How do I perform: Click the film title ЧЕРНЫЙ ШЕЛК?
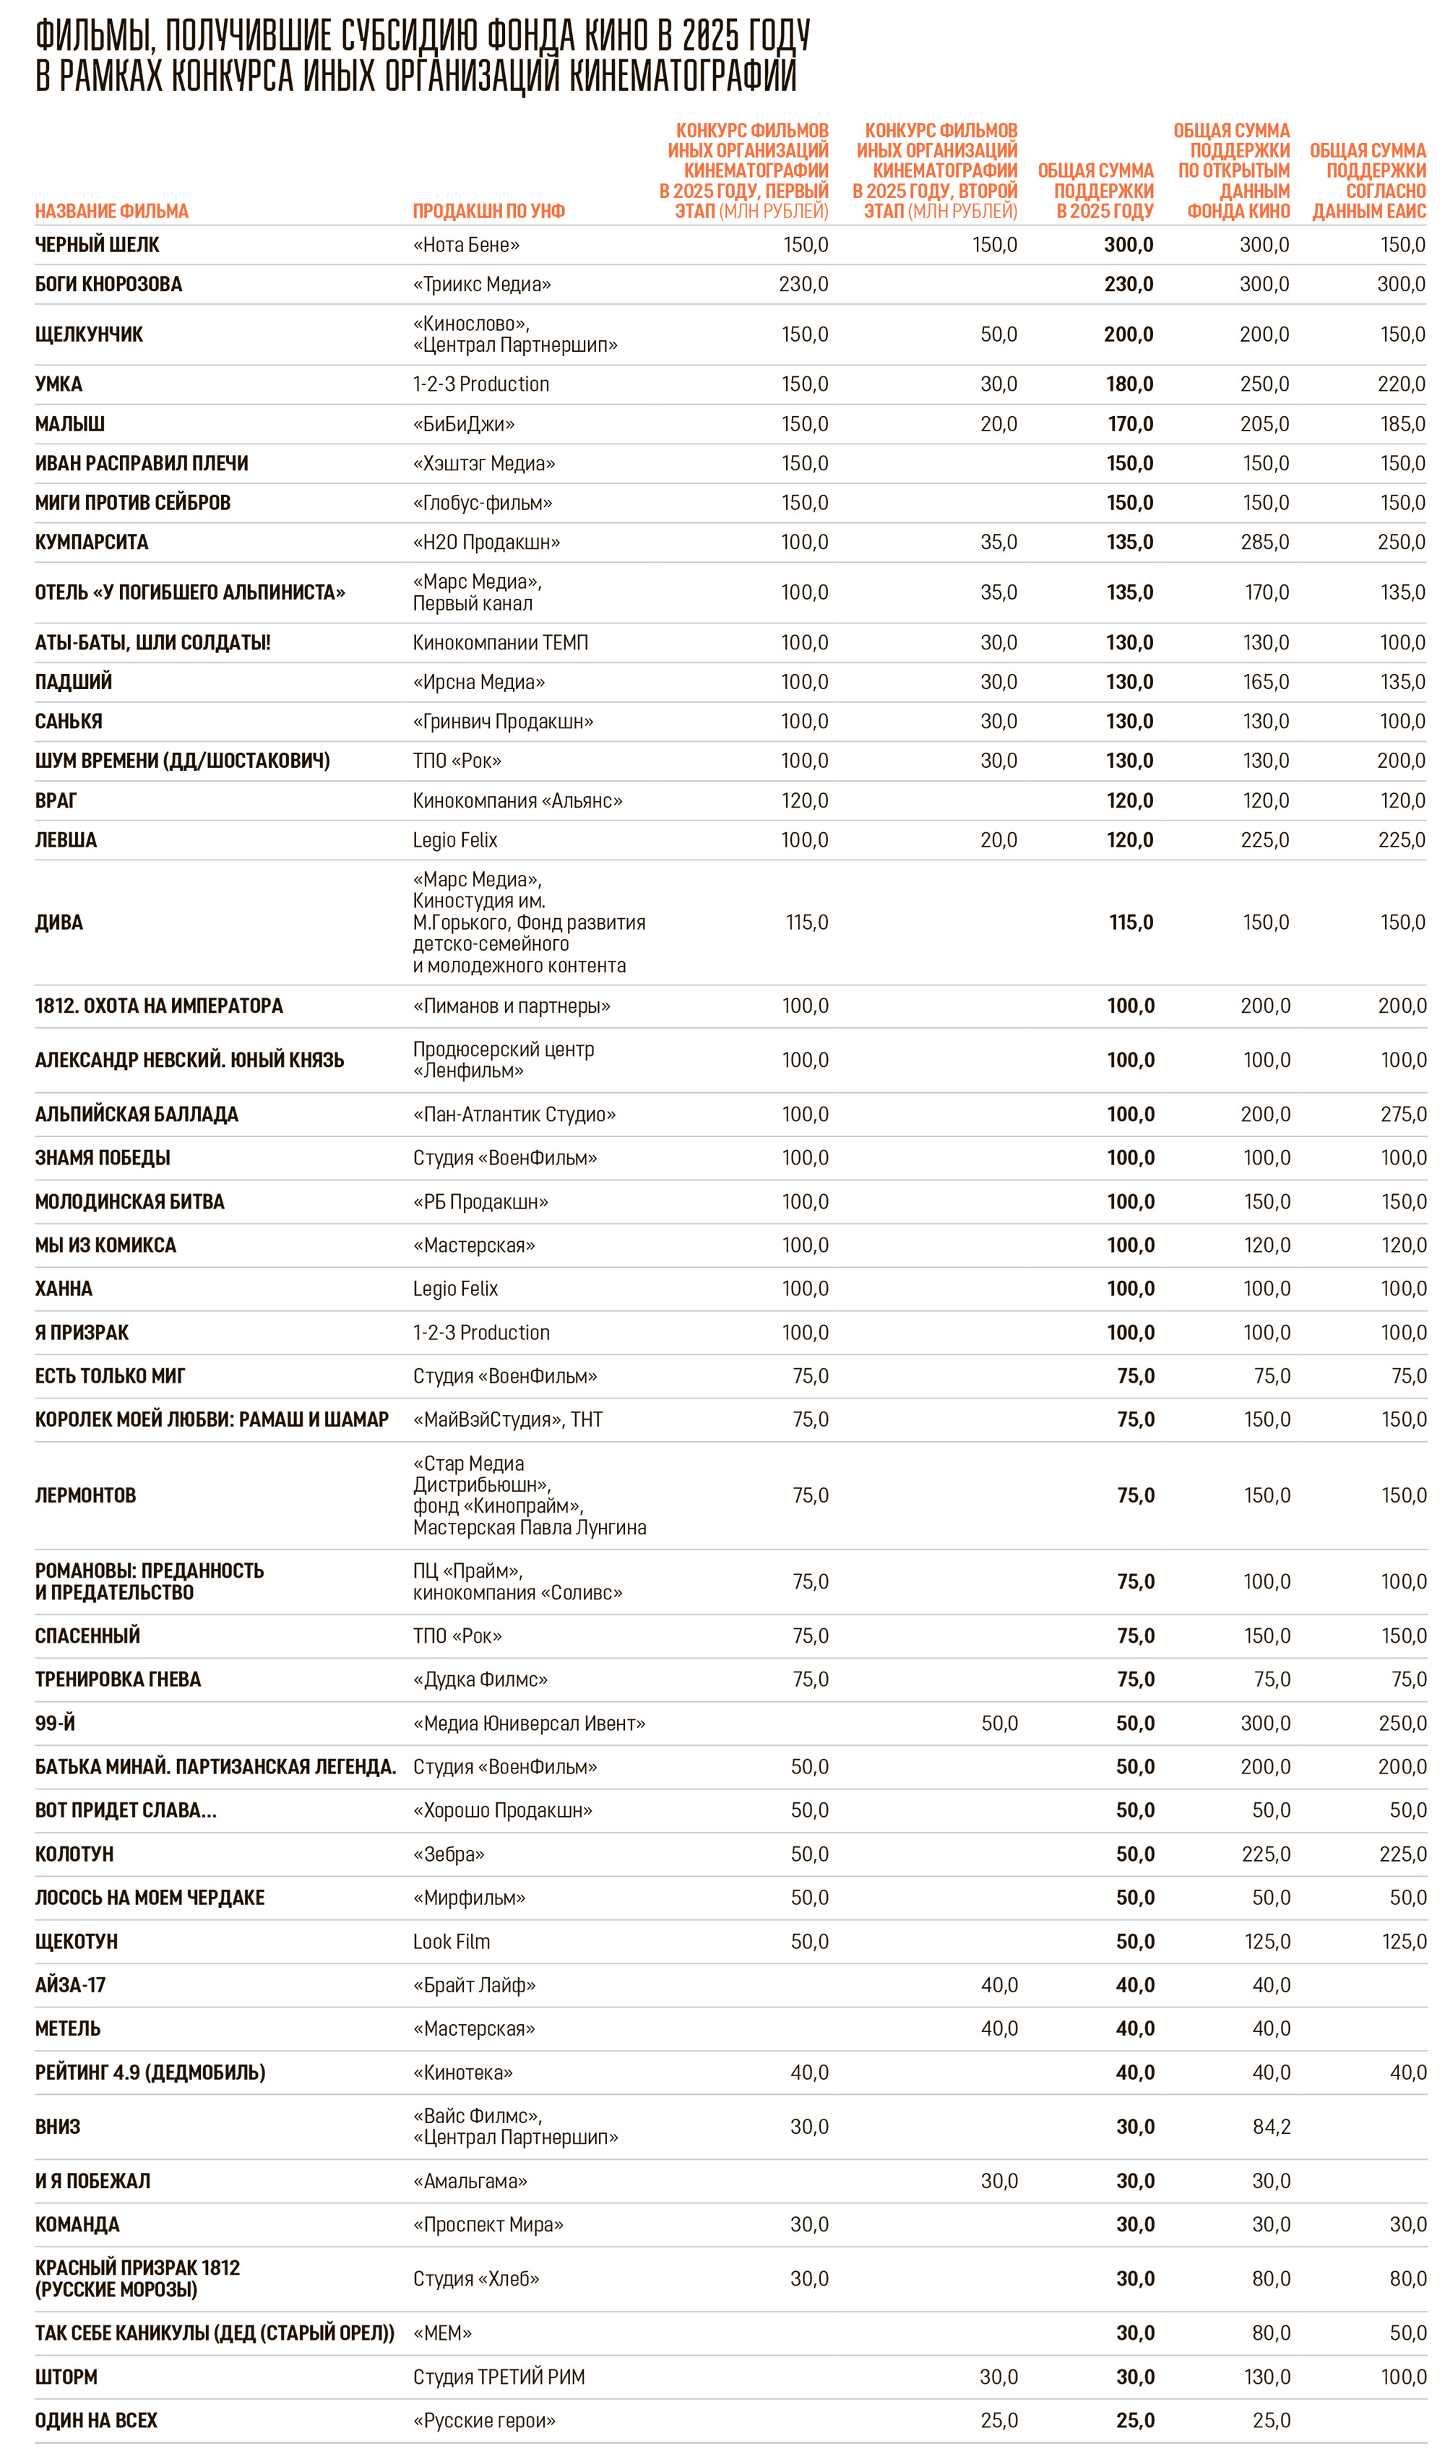click(x=97, y=245)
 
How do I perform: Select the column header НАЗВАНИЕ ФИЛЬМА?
click(x=111, y=211)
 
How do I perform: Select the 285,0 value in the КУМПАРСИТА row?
click(x=1264, y=542)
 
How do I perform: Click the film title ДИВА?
click(x=59, y=922)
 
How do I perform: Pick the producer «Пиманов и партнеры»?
click(x=512, y=1005)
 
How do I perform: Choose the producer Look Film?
click(x=451, y=1941)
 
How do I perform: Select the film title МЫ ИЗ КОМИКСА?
click(x=105, y=1245)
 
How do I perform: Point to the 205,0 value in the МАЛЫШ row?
click(x=1264, y=423)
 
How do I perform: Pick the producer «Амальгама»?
click(x=470, y=2181)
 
